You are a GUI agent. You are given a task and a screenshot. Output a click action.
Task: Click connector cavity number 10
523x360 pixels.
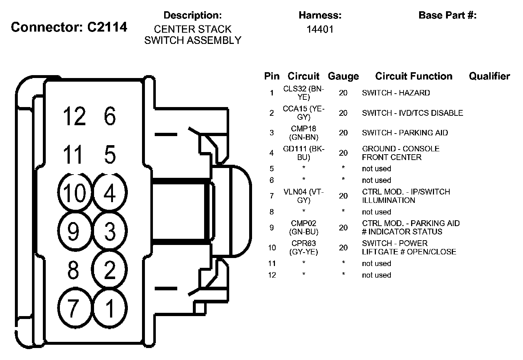tap(75, 193)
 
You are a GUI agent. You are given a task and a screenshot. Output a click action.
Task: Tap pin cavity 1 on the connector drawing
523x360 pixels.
tap(110, 308)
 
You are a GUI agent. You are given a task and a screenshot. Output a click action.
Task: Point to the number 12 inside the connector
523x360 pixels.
tap(74, 116)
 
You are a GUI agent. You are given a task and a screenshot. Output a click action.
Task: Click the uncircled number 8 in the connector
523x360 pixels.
tap(73, 270)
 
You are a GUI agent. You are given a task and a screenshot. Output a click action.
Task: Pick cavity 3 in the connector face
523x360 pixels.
tap(110, 231)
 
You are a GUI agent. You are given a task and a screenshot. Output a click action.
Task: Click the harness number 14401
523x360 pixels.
tap(320, 29)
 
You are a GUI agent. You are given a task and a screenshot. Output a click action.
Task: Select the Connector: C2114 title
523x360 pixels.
tap(69, 27)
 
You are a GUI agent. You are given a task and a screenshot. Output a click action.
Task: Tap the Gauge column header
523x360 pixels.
tap(343, 76)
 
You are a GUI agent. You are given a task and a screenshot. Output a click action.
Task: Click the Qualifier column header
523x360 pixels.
tap(489, 76)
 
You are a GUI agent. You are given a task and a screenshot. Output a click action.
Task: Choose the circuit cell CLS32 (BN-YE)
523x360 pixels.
tap(304, 93)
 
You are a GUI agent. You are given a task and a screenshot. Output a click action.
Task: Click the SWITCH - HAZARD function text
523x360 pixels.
tap(396, 93)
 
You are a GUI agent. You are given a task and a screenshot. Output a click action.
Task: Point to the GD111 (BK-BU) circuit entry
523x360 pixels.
tap(304, 153)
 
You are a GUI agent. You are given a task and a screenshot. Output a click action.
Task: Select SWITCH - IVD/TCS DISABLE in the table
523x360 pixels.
tap(412, 113)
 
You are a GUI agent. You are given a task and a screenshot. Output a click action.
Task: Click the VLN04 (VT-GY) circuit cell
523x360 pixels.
tap(304, 196)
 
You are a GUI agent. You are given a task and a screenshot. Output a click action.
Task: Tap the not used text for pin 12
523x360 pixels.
tap(376, 275)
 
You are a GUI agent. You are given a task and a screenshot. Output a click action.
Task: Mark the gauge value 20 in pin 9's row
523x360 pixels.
tap(343, 228)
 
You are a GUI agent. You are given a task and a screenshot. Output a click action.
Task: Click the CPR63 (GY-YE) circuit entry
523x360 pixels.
tap(304, 247)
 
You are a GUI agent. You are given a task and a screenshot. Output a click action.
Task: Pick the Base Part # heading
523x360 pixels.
tap(447, 15)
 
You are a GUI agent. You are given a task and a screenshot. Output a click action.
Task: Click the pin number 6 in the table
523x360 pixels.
tap(272, 180)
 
